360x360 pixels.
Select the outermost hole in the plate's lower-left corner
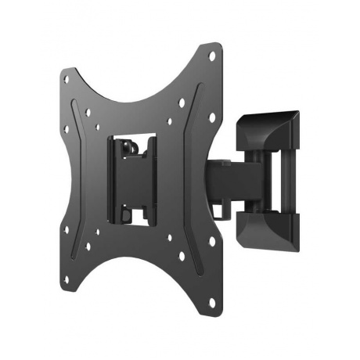click(x=67, y=229)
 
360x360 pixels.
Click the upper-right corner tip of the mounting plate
click(x=213, y=45)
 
